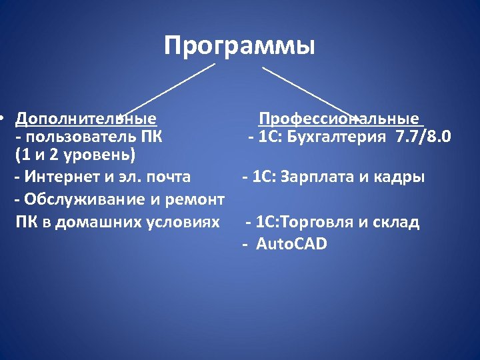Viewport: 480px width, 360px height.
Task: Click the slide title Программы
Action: (239, 47)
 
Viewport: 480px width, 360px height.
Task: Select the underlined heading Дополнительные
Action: (86, 119)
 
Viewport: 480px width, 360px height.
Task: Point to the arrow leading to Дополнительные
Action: (167, 90)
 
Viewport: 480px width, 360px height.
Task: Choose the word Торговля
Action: (323, 223)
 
